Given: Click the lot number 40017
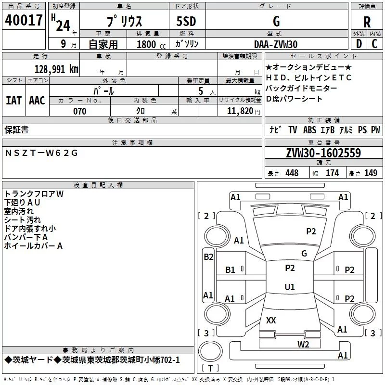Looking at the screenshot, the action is click(x=24, y=20).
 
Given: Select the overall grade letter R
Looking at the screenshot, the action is click(x=367, y=22).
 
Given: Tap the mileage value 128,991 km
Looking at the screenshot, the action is click(x=56, y=69).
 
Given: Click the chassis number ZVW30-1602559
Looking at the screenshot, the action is click(x=323, y=153).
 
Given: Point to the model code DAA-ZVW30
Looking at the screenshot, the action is click(x=276, y=44).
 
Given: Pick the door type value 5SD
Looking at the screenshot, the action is click(x=186, y=21).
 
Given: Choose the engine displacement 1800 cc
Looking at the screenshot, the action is click(x=151, y=44).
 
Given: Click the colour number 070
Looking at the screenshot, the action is click(x=80, y=111).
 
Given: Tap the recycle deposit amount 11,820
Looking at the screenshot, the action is click(x=240, y=111).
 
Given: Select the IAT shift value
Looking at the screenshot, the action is click(x=14, y=101).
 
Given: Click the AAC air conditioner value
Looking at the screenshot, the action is click(x=37, y=101).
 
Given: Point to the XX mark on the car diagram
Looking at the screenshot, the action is click(x=271, y=320).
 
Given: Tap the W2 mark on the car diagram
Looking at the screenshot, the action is click(x=303, y=345).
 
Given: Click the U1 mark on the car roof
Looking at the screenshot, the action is click(x=290, y=287).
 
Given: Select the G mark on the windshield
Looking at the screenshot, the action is click(x=304, y=254).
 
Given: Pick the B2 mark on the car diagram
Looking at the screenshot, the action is click(x=208, y=257).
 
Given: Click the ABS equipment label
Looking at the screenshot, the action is click(x=309, y=130).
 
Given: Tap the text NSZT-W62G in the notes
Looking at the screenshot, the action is click(x=41, y=153).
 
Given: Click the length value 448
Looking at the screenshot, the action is click(x=292, y=173).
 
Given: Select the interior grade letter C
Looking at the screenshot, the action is click(x=374, y=44).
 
